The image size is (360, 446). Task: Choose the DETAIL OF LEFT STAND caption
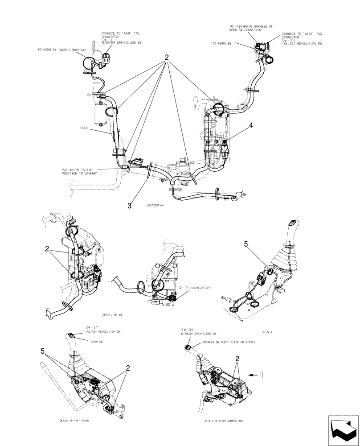(x=74, y=420)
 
